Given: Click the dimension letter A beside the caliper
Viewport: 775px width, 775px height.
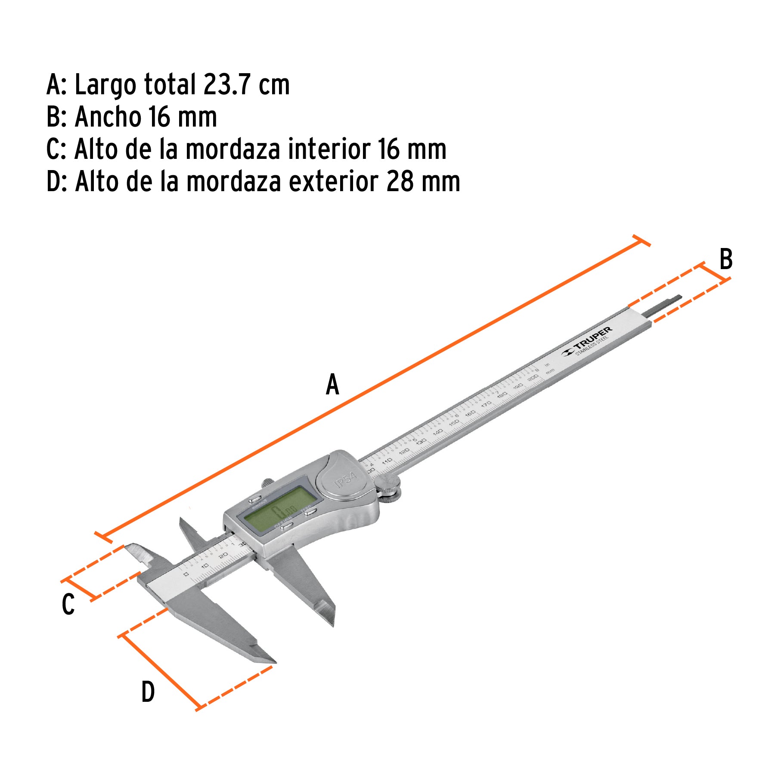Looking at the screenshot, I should [x=332, y=384].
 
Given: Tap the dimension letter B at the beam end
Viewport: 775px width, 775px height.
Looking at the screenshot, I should [x=726, y=260].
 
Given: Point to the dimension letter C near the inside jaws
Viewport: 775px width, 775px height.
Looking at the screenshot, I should [x=68, y=604].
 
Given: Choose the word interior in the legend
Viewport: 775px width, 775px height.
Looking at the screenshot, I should [x=329, y=149].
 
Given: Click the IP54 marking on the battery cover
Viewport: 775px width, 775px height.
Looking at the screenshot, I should [x=345, y=479].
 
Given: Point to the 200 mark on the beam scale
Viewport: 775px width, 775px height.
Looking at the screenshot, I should [x=533, y=378].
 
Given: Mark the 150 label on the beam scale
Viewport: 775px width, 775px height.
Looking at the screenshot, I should [x=454, y=423].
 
